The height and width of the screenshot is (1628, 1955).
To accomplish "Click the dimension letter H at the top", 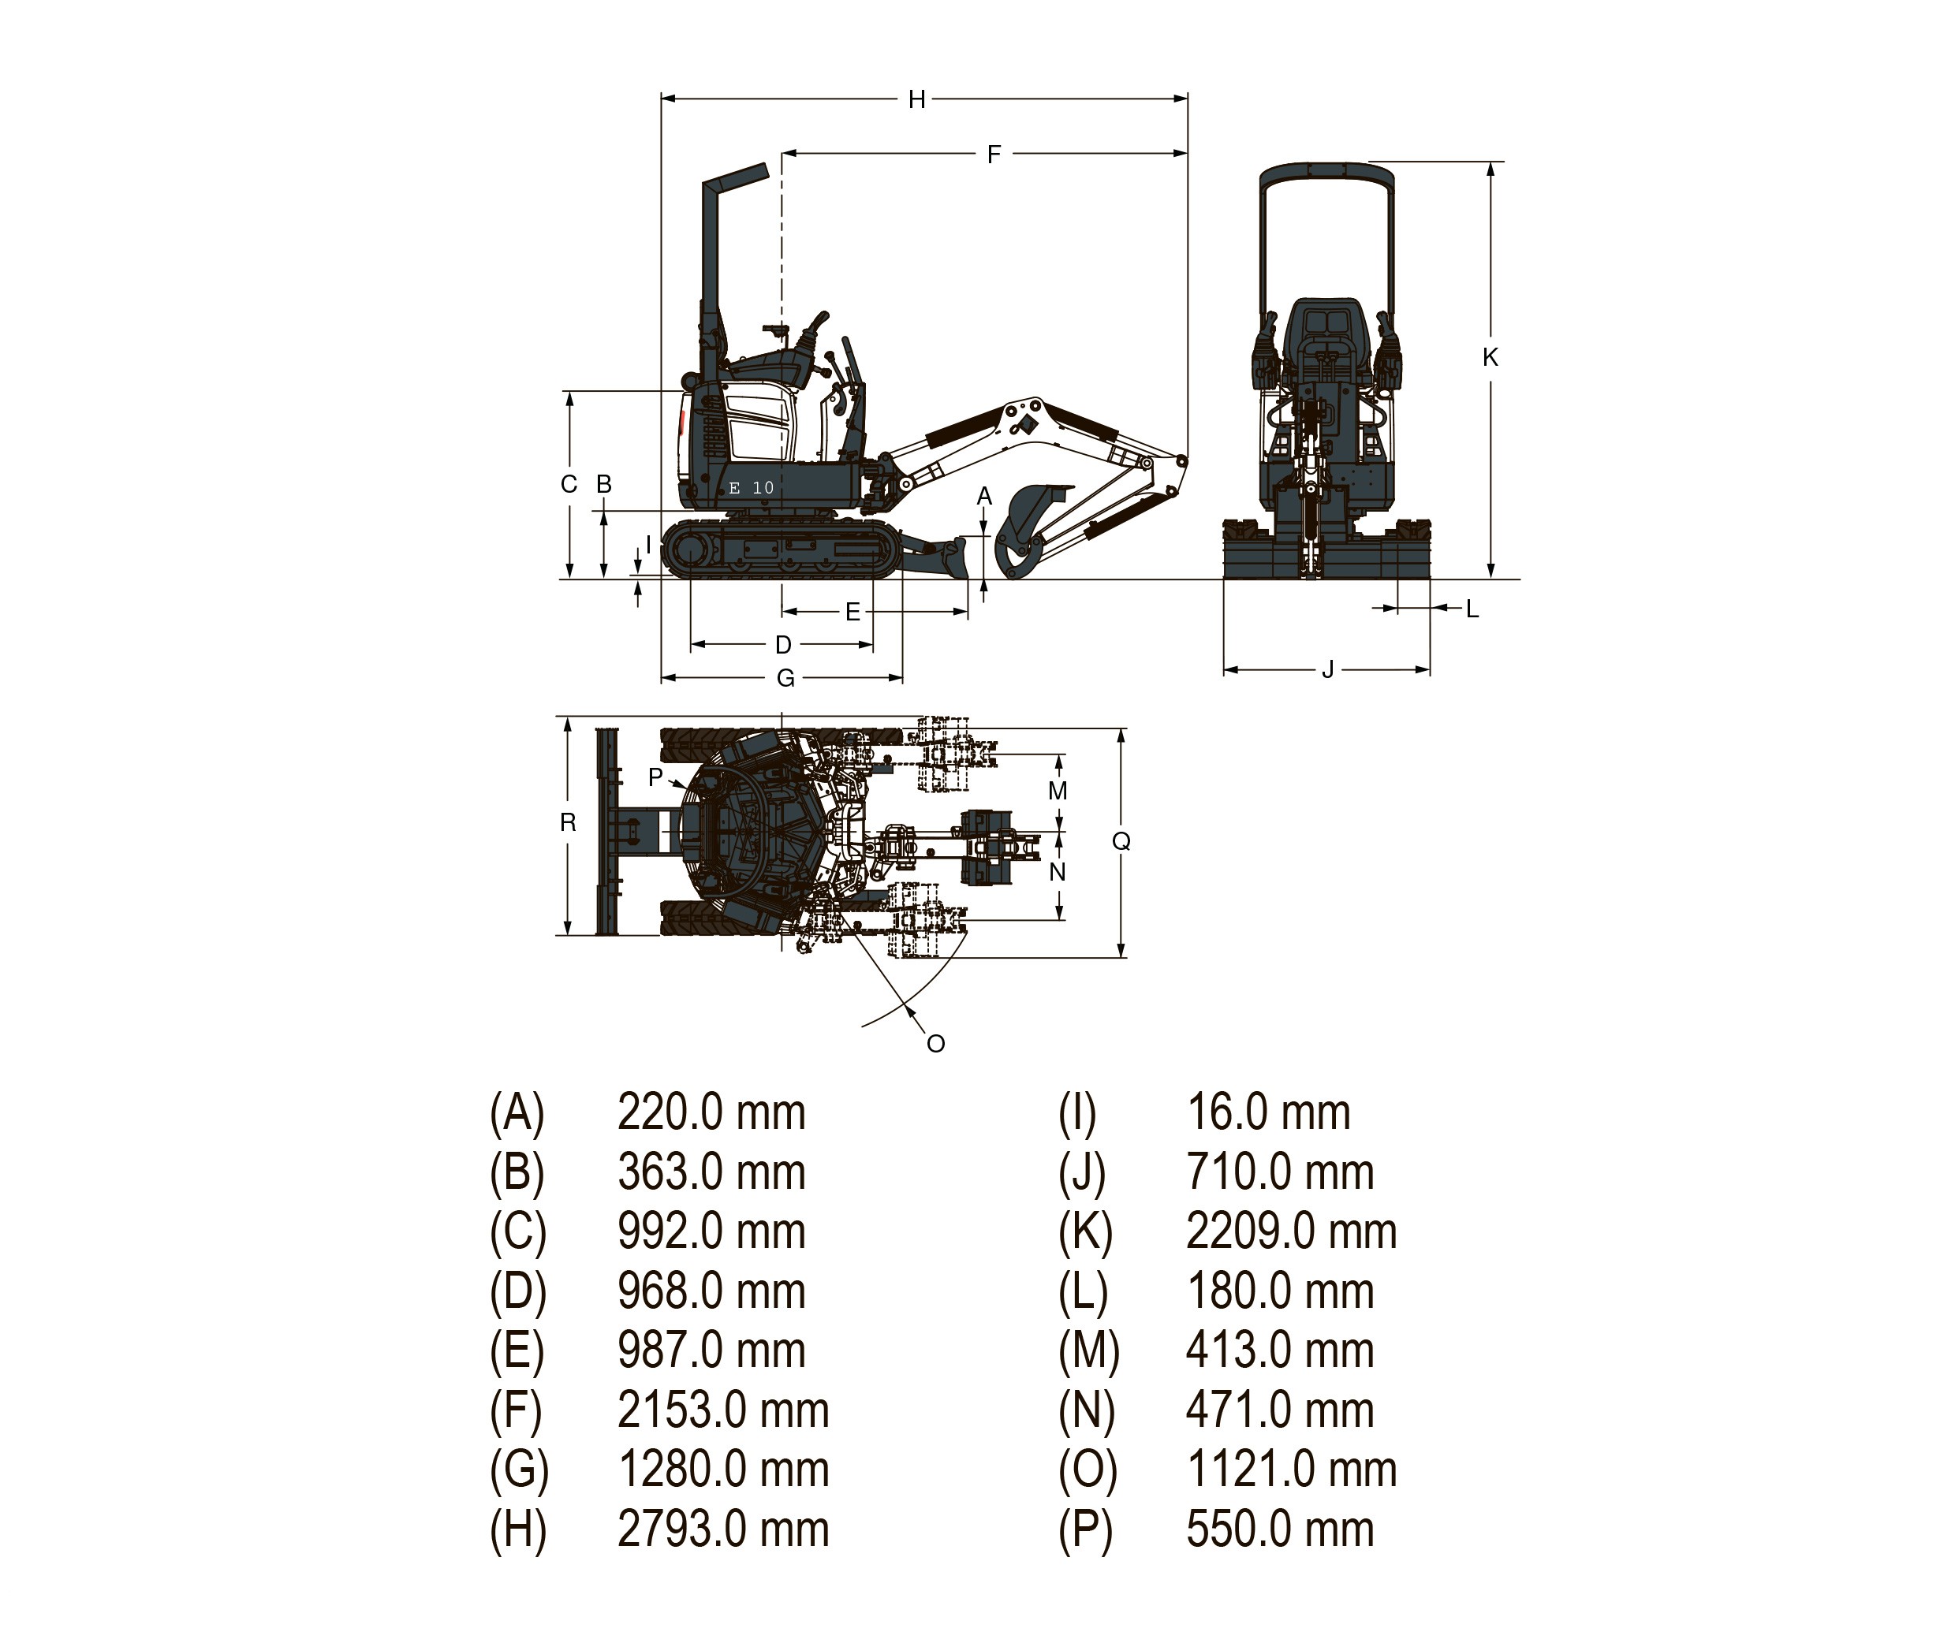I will click(x=917, y=99).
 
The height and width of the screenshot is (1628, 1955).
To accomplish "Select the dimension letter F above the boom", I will click(x=994, y=155).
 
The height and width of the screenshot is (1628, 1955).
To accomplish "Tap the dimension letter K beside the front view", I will click(x=1490, y=356).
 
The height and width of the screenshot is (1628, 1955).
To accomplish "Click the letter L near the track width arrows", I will click(x=1472, y=609).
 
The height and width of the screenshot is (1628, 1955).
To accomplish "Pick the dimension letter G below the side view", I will click(x=785, y=678).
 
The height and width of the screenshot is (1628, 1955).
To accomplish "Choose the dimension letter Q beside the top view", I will click(x=1121, y=840).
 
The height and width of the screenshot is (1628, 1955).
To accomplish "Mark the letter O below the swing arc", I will click(x=935, y=1044).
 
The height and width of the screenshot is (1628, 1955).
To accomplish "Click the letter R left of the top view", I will click(x=568, y=822).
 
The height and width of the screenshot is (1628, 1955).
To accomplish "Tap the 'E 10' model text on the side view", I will click(x=752, y=488).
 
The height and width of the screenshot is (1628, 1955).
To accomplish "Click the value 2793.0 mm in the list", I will click(x=722, y=1529).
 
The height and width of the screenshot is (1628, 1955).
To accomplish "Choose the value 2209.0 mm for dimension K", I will click(x=1291, y=1231).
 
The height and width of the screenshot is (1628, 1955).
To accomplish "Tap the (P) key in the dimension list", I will click(x=1085, y=1529).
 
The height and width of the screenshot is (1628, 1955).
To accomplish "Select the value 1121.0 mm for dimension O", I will click(x=1291, y=1469).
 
